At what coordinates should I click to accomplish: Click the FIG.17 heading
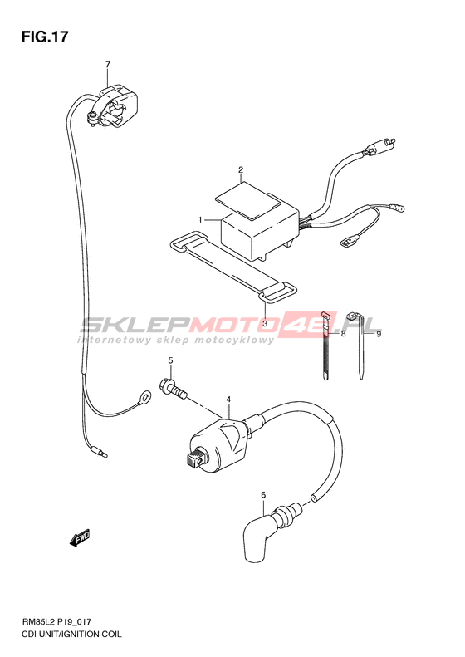point(44,37)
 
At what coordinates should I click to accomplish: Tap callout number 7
point(108,65)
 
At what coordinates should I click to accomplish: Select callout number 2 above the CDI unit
point(241,169)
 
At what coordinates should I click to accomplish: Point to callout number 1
point(200,219)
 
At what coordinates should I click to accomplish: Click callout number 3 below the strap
point(264,323)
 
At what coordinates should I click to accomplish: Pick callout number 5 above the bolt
point(170,360)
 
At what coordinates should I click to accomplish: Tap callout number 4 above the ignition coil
point(228,400)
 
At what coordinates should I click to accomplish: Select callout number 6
point(263,495)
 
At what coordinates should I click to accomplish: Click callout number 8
point(343,334)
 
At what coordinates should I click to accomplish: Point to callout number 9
point(378,334)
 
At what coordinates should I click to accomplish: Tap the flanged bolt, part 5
point(173,390)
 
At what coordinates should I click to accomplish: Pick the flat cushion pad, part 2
point(247,200)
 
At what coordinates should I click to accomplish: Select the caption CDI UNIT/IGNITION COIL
point(71,635)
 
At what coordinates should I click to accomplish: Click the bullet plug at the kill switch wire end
point(100,453)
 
